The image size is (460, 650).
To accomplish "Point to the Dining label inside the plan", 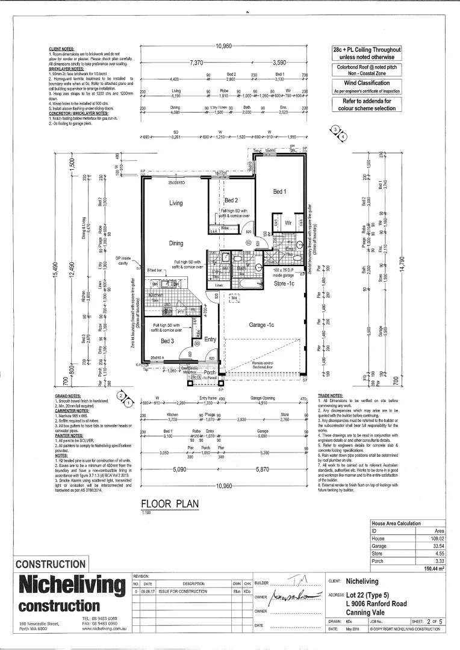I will pyautogui.click(x=176, y=243).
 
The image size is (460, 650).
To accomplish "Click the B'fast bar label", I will pyautogui.click(x=155, y=270).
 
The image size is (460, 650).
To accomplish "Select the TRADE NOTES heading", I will pyautogui.click(x=330, y=396).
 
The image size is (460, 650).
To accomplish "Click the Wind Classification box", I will pyautogui.click(x=367, y=82).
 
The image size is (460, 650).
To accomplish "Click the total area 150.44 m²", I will pyautogui.click(x=433, y=568).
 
